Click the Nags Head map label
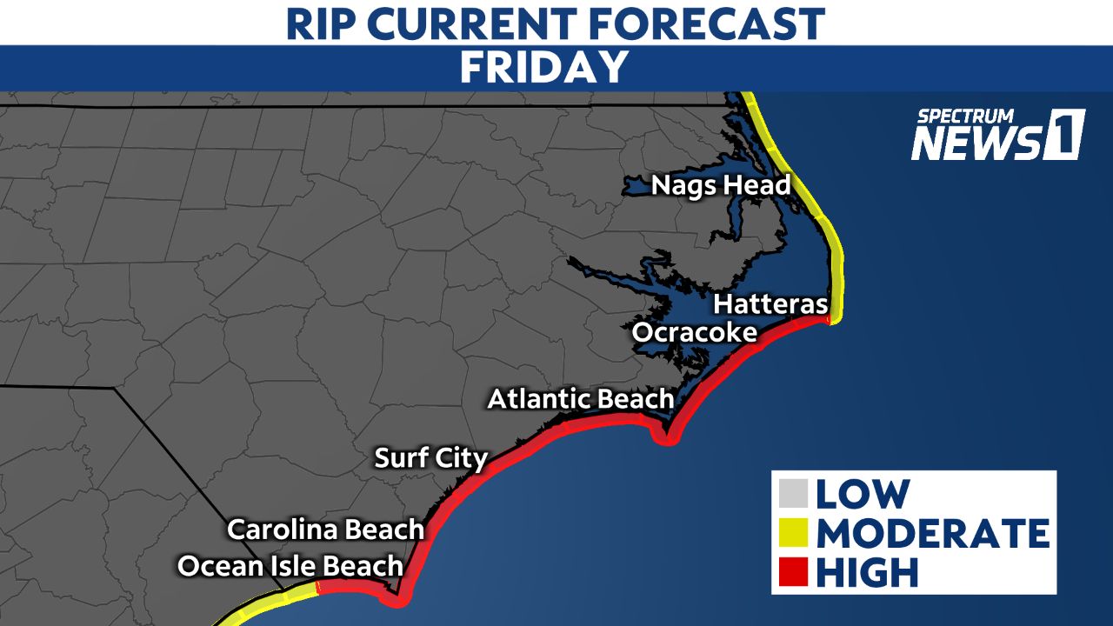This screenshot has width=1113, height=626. (721, 185)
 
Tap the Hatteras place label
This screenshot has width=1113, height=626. (770, 305)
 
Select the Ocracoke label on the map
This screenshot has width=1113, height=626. (694, 332)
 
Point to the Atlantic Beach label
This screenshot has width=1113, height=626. (580, 399)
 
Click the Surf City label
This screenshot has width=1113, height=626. (430, 457)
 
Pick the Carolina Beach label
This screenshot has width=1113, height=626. (325, 529)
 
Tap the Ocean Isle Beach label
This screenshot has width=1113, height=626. (290, 566)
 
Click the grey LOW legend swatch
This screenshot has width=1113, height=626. (794, 494)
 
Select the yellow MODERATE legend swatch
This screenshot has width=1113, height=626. (794, 533)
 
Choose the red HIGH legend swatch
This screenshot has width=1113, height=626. (794, 572)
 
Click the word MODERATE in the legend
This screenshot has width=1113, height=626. (932, 533)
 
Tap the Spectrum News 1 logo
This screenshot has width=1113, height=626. (997, 135)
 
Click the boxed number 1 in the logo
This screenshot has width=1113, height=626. (1066, 135)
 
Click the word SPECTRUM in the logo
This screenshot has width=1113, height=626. (965, 115)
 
